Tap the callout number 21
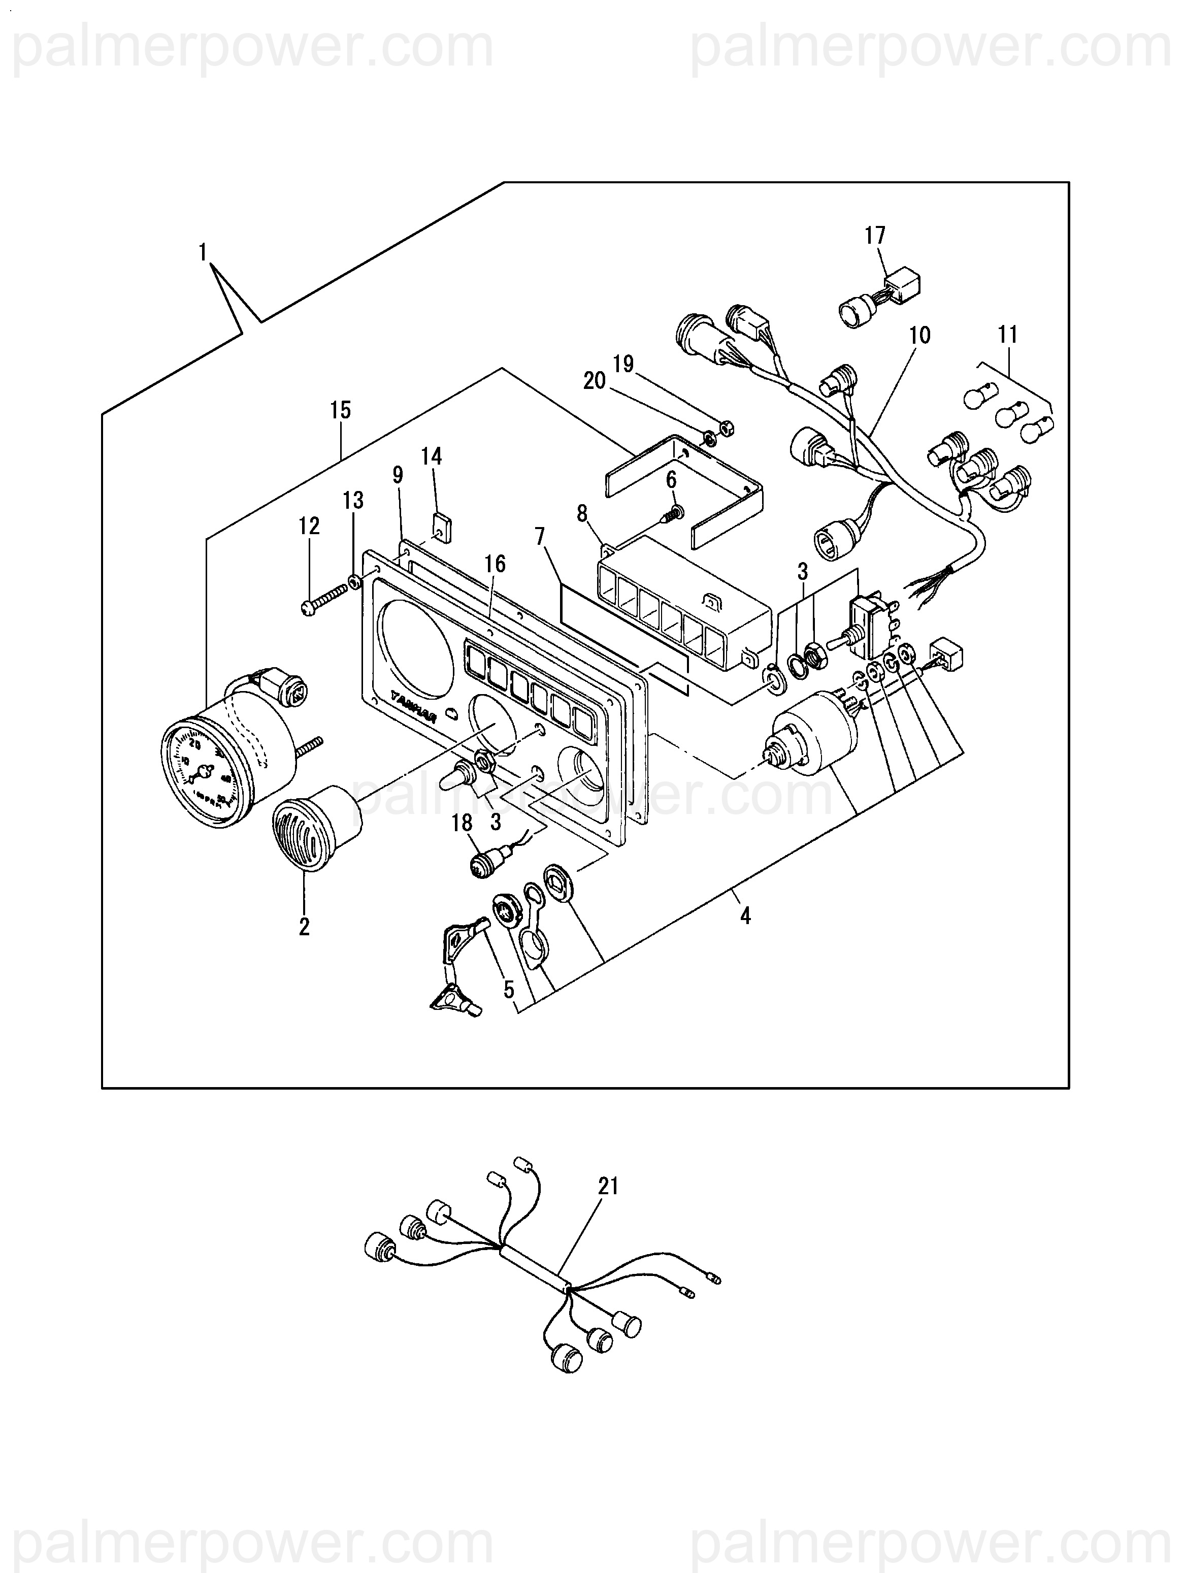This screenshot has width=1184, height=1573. pyautogui.click(x=609, y=1186)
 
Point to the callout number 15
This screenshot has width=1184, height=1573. pyautogui.click(x=341, y=410)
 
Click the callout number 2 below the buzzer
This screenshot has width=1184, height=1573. pyautogui.click(x=304, y=927)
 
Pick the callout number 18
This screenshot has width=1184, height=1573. pyautogui.click(x=462, y=823)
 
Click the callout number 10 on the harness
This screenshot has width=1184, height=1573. pyautogui.click(x=919, y=336)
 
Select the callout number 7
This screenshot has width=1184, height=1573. pyautogui.click(x=540, y=537)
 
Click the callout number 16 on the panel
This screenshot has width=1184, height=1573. pyautogui.click(x=495, y=564)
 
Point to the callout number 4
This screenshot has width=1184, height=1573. pyautogui.click(x=745, y=916)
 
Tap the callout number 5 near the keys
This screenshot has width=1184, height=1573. pyautogui.click(x=508, y=989)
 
